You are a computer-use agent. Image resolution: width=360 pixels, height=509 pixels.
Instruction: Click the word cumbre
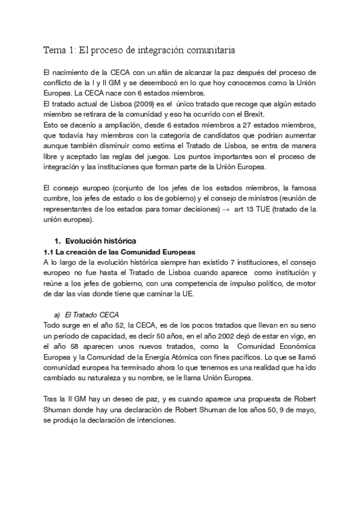coord(59,197)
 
